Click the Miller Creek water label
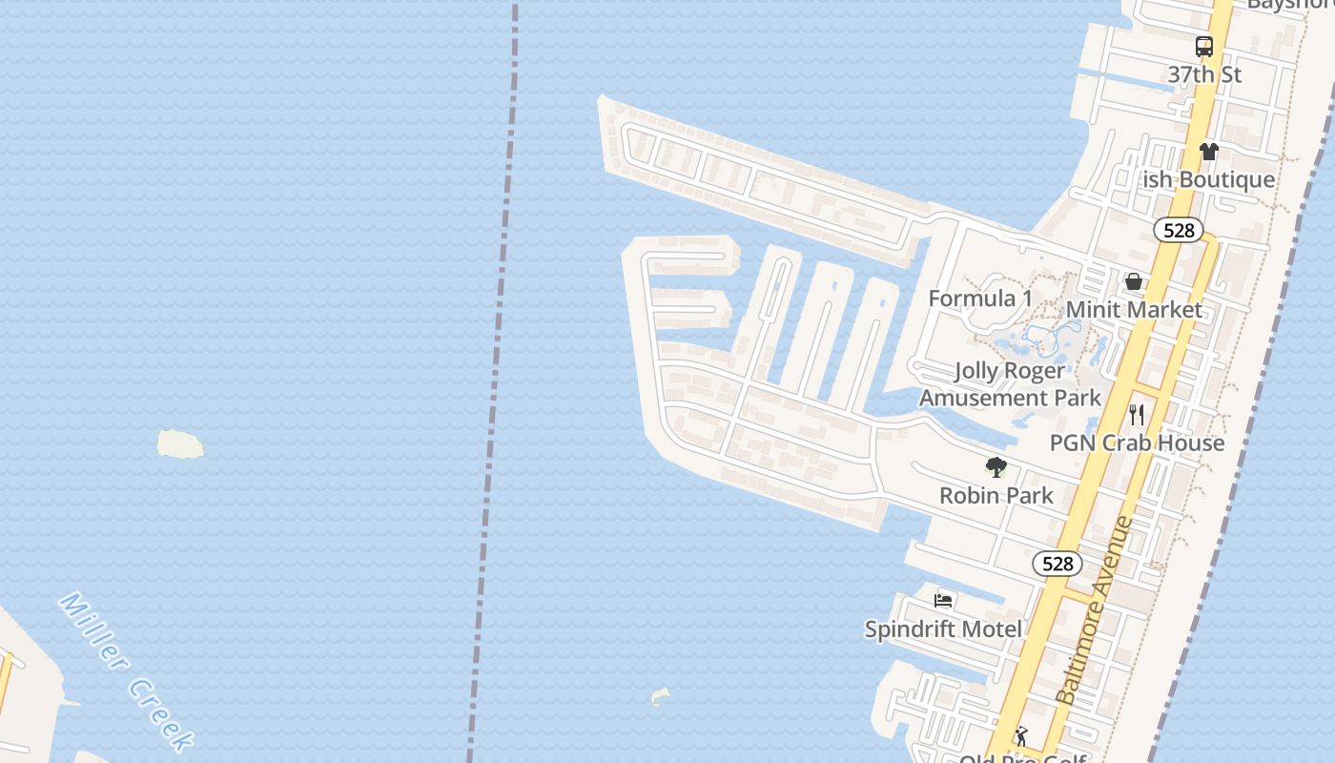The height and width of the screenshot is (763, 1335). [127, 670]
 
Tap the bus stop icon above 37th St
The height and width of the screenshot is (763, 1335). [1204, 47]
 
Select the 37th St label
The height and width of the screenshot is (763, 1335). [1204, 74]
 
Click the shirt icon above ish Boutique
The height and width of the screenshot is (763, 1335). [1209, 152]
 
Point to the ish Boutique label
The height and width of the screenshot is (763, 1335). [1209, 179]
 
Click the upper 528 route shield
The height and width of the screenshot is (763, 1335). [1179, 230]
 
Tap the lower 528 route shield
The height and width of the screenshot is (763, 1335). [1058, 564]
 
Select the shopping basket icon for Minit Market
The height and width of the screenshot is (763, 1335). [1134, 281]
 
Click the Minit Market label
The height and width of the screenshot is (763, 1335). [1134, 310]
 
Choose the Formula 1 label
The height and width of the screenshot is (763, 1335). [980, 299]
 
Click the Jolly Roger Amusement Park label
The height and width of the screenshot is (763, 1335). [1010, 384]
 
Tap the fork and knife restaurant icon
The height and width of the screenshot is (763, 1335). [1137, 415]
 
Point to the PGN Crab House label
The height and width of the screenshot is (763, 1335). [1137, 443]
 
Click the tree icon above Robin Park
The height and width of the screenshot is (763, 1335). [996, 467]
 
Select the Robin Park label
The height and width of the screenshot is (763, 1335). [996, 495]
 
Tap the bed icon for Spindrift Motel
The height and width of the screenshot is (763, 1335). [943, 601]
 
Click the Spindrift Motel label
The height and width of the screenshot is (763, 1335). [943, 629]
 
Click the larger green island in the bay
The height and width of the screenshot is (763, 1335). [180, 443]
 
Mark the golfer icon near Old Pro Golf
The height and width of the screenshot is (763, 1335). [1021, 736]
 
